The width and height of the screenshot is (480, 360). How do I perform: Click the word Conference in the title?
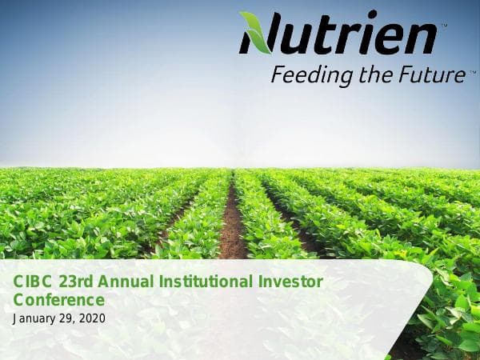pos(59,300)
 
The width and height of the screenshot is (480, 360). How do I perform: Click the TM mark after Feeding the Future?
pos(473,71)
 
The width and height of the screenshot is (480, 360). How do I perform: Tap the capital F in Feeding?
pos(277,75)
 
